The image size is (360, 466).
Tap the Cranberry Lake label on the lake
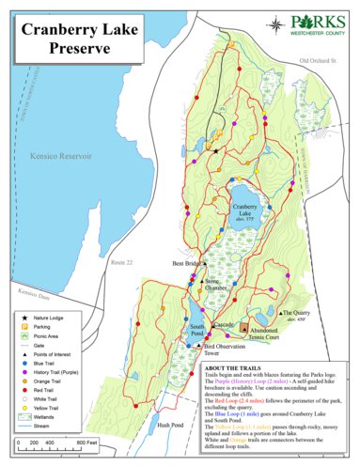click(x=245, y=210)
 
